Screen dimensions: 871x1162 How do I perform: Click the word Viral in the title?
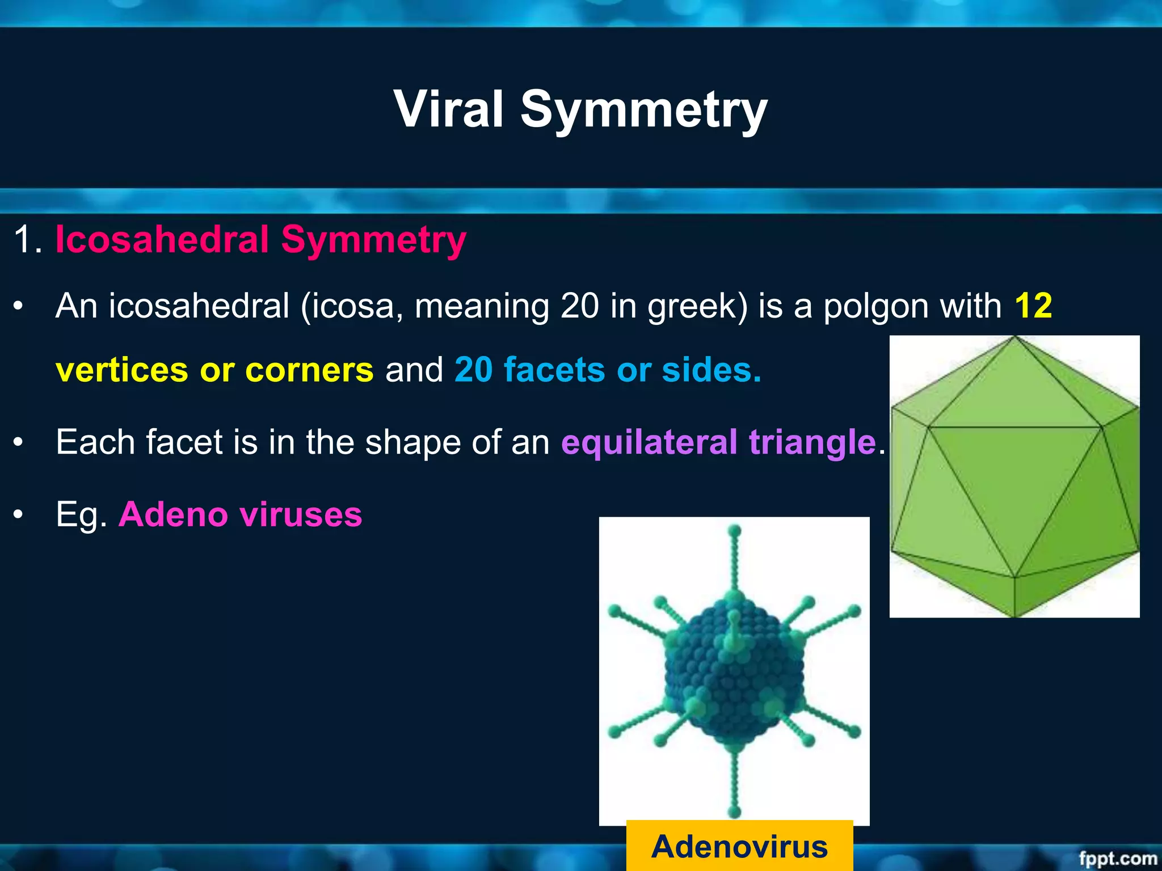(x=448, y=109)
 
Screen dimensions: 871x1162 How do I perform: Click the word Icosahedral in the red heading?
(x=162, y=239)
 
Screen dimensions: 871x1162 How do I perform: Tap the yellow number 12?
(x=1033, y=306)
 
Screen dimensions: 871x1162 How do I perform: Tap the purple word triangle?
(x=812, y=442)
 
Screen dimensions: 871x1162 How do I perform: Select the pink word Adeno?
(x=173, y=514)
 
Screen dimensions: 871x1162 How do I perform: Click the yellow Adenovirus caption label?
(x=739, y=847)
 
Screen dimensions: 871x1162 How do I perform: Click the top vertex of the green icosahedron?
(x=1015, y=338)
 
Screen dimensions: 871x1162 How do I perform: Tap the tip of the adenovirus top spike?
(x=735, y=531)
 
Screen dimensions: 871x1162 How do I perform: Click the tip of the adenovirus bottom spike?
(x=735, y=812)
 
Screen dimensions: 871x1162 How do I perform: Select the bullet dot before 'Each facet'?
(x=19, y=442)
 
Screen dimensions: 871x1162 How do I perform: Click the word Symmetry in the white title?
(x=644, y=109)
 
